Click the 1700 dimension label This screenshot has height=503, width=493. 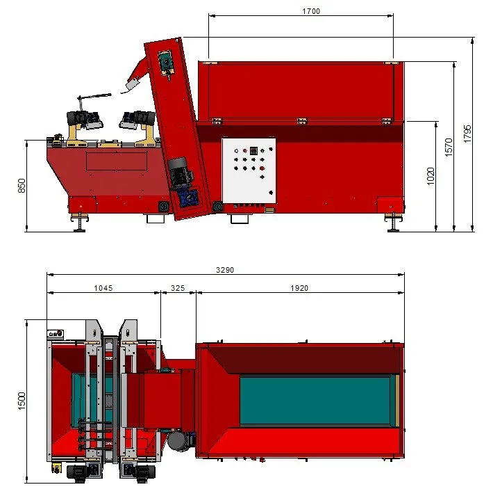[x=311, y=11]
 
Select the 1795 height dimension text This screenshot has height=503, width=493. [x=467, y=134]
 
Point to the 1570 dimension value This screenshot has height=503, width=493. [x=449, y=147]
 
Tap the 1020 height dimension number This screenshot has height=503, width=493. [x=431, y=176]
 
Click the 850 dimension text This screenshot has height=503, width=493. [x=22, y=186]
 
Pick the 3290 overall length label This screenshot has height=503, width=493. [x=225, y=270]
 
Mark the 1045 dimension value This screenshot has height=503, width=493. [x=103, y=288]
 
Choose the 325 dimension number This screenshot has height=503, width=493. [x=178, y=288]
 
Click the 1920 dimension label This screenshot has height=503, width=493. [x=299, y=288]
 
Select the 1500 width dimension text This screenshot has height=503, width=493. [x=22, y=401]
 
